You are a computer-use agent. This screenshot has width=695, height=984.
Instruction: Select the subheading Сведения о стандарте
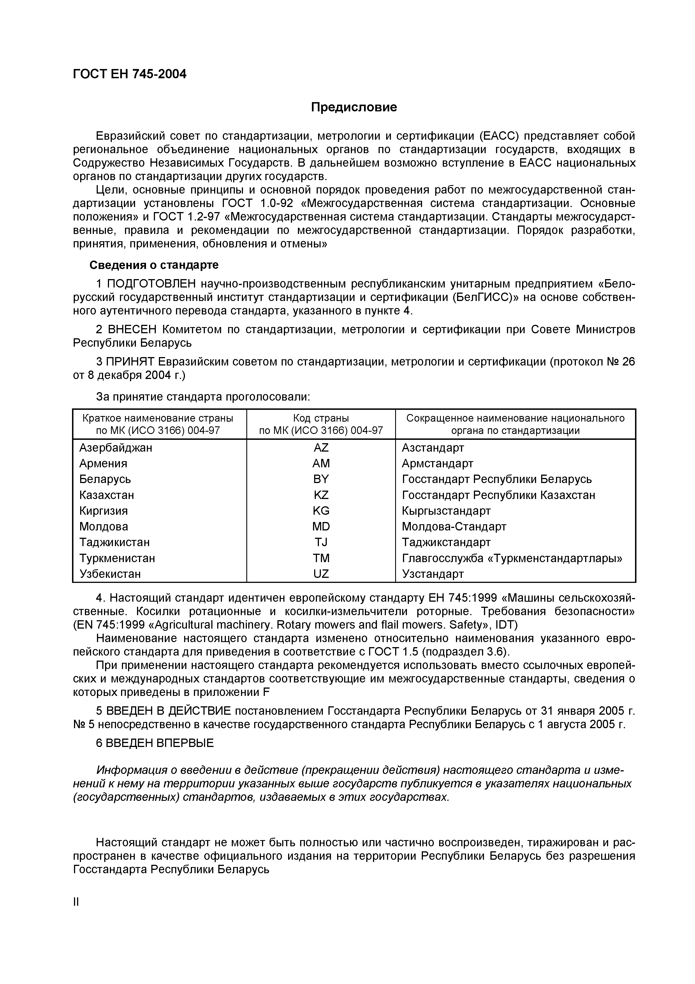(x=154, y=265)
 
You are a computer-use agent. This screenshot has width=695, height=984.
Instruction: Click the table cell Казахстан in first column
(x=106, y=495)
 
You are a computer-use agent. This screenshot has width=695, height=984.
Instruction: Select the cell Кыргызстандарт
(x=446, y=511)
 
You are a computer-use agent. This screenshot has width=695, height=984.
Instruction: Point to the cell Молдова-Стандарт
(x=454, y=526)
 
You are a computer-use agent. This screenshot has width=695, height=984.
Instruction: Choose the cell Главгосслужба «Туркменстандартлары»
(x=512, y=558)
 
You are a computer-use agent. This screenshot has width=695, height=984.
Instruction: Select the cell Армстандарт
(x=437, y=463)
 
